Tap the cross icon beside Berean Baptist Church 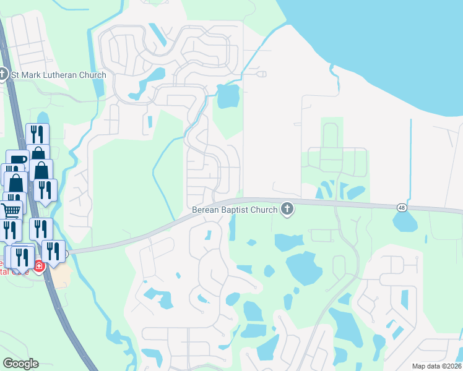287,209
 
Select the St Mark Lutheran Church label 59,75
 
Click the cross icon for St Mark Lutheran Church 4,75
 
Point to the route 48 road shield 402,208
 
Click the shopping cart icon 11,211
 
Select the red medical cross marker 38,266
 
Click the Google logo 20,363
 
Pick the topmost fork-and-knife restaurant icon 37,134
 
